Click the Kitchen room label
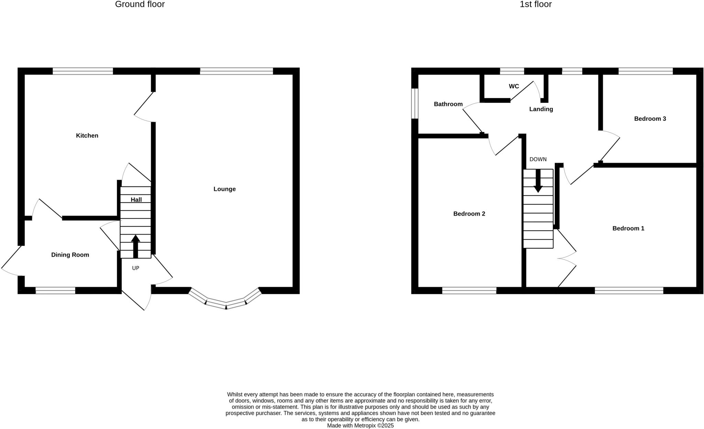(87, 135)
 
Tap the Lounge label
(224, 189)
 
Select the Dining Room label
(70, 255)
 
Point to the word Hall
(136, 199)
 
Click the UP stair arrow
(135, 246)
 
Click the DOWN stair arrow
(538, 180)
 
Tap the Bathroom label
(448, 104)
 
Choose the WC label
(514, 86)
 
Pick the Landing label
(541, 109)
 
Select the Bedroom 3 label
(650, 119)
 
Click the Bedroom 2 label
(469, 213)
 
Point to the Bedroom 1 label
(628, 228)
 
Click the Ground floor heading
(140, 4)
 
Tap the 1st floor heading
(536, 4)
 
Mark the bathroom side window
(415, 103)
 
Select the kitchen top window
(82, 71)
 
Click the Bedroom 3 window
(645, 71)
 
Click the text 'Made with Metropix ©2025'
(360, 426)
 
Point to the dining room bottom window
(55, 290)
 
